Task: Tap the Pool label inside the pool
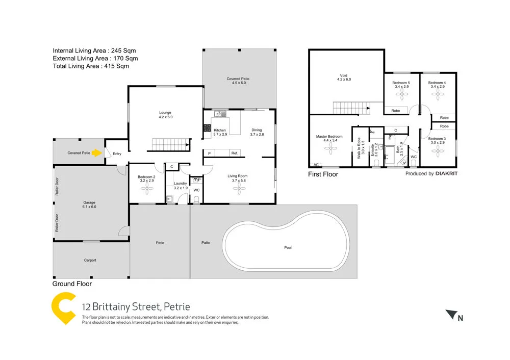tap(288, 247)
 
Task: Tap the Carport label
tap(90, 260)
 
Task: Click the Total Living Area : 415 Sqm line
tap(91, 66)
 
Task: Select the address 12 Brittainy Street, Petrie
tap(136, 307)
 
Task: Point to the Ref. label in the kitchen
tap(234, 153)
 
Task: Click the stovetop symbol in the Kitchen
tap(208, 129)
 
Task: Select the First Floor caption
tap(323, 174)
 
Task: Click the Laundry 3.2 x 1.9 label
tap(181, 186)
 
